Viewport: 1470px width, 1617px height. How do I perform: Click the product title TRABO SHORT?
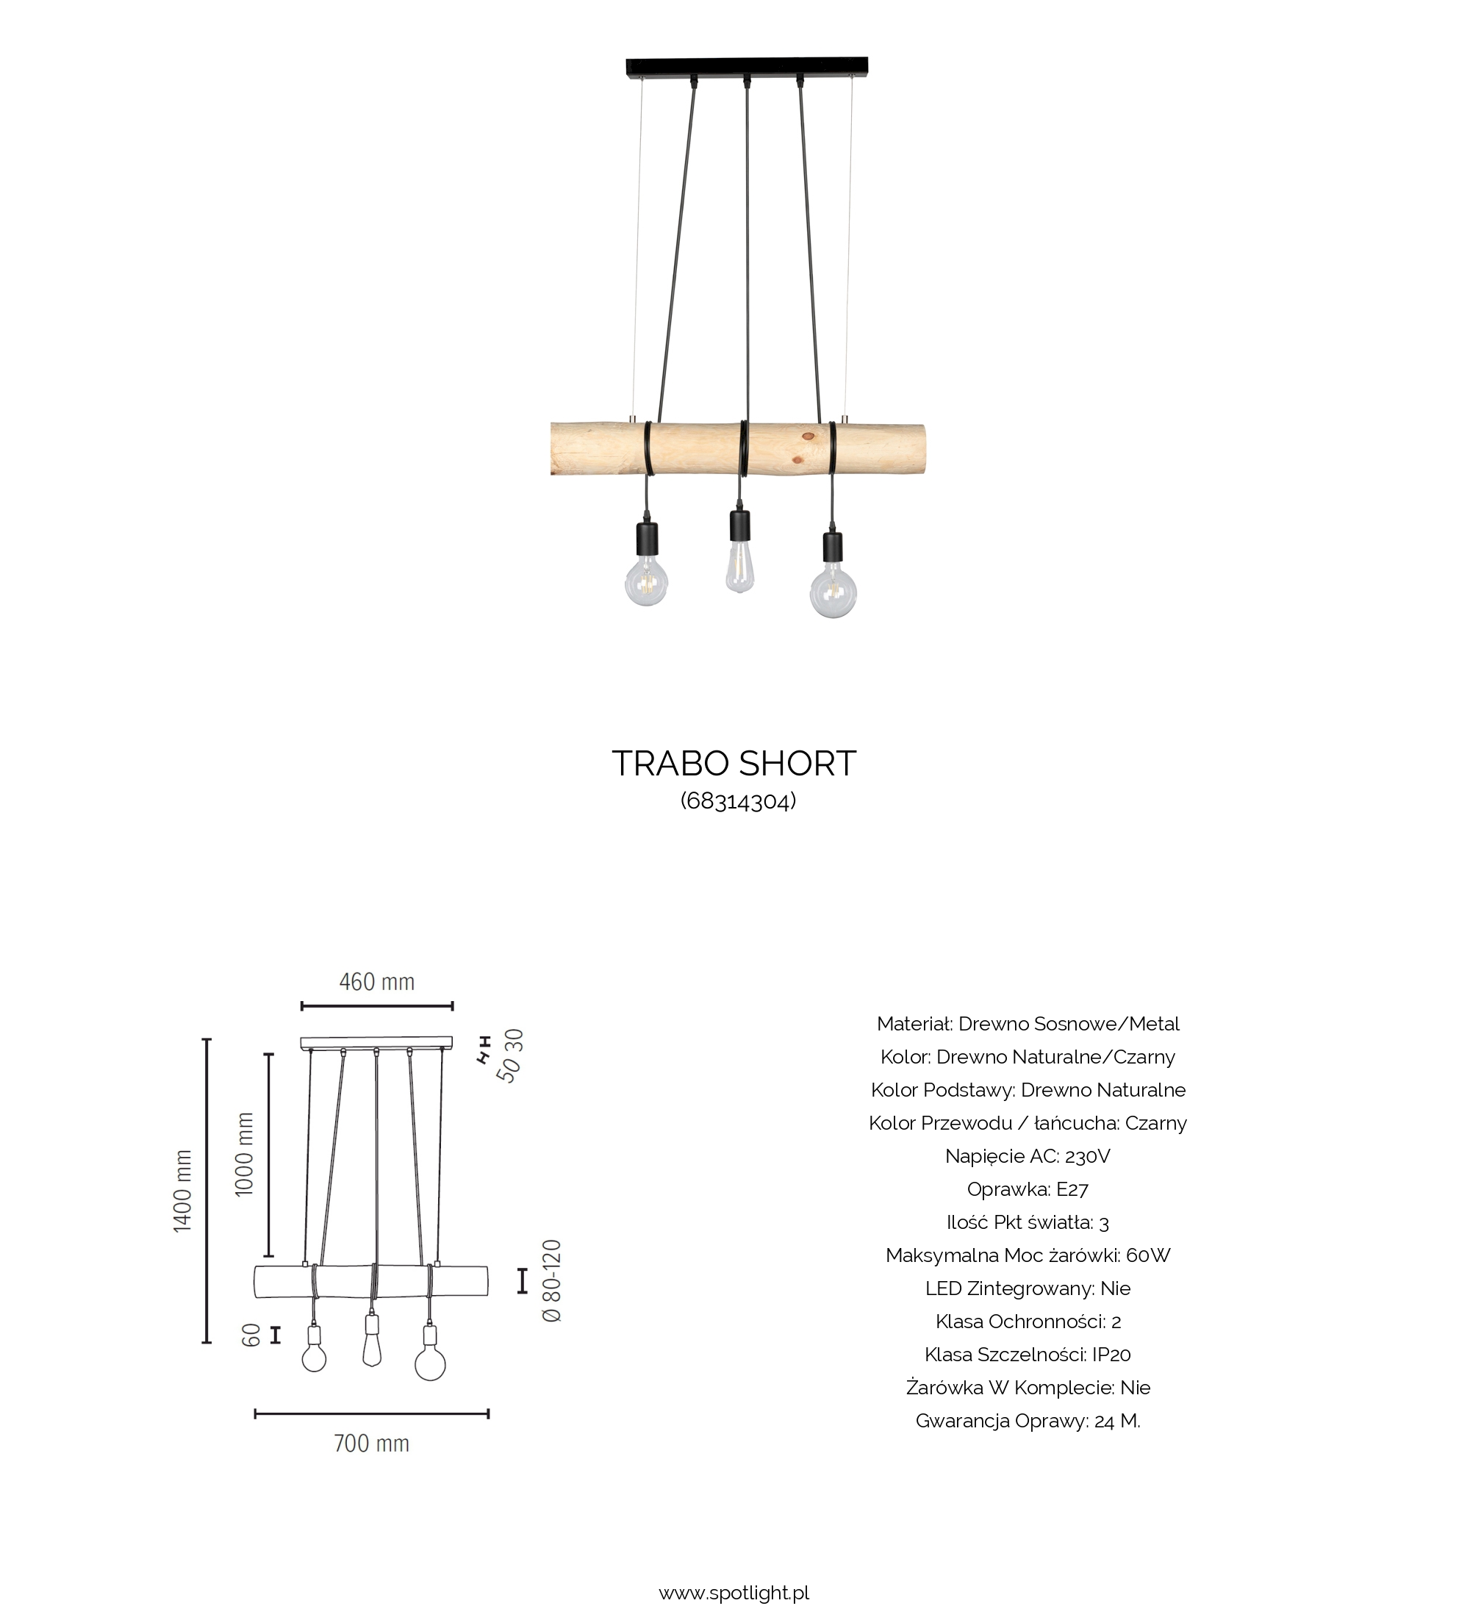[734, 764]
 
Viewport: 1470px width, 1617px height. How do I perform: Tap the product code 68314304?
[738, 801]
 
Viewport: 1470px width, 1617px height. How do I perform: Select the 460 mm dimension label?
[376, 982]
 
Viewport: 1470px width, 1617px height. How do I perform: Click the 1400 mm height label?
[183, 1190]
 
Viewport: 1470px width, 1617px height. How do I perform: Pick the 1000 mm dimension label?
[245, 1154]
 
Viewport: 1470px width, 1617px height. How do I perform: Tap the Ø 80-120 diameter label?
[553, 1281]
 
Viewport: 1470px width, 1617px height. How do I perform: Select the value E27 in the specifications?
[1072, 1188]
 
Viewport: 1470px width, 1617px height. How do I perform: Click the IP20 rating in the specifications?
[1111, 1355]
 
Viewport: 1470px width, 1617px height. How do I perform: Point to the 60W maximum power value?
[1147, 1255]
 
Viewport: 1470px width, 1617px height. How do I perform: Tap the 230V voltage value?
[1088, 1156]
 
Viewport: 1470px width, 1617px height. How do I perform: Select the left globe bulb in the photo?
[646, 581]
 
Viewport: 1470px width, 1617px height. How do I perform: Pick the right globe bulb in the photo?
[833, 591]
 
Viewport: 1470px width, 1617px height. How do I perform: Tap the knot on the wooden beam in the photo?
[808, 437]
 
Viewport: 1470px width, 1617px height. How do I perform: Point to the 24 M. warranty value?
[1116, 1421]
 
